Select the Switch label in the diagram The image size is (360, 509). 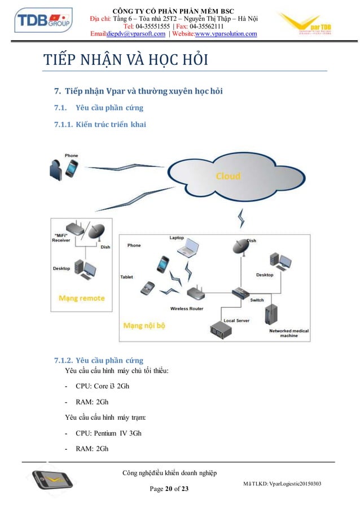[x=256, y=300]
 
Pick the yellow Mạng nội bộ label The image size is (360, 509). [x=144, y=326]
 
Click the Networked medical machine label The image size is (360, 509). [x=289, y=332]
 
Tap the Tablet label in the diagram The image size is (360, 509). [x=126, y=277]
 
